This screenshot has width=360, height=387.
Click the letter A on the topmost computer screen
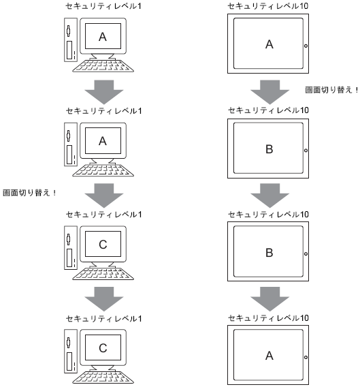[x=103, y=37]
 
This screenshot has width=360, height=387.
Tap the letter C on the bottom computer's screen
[x=103, y=348]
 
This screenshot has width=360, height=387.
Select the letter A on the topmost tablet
[x=269, y=44]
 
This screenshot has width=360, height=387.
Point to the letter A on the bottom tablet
[x=269, y=356]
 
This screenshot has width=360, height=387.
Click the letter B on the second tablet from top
[x=269, y=149]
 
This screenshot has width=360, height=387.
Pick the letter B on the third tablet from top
[x=269, y=253]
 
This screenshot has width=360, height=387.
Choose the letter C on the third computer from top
[x=103, y=245]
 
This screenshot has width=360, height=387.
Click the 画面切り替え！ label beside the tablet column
[x=332, y=90]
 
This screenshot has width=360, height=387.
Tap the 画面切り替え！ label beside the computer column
[x=29, y=193]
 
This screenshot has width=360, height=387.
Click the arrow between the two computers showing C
[x=104, y=298]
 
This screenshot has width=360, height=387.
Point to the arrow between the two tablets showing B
[x=269, y=196]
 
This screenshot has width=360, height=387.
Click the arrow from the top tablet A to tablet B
[x=269, y=92]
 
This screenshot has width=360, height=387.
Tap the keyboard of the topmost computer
[x=103, y=65]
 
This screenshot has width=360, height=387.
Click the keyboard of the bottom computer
[x=103, y=377]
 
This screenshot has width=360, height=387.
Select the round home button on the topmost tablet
[x=306, y=46]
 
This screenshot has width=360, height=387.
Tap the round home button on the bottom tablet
[x=306, y=357]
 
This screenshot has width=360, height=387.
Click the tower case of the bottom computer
[x=71, y=351]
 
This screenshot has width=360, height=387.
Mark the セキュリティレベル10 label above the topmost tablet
[x=268, y=6]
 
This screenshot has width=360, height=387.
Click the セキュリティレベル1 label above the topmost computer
[x=103, y=6]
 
